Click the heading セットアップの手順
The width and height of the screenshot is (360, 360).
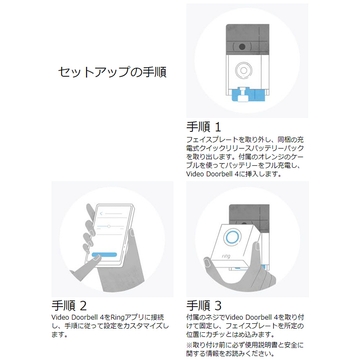click(112, 72)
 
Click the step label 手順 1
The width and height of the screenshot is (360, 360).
click(204, 127)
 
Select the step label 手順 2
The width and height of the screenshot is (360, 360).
click(69, 306)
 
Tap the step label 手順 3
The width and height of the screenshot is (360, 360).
click(204, 306)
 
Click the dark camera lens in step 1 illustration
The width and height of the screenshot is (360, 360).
click(242, 46)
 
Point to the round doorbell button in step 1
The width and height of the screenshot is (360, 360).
click(244, 70)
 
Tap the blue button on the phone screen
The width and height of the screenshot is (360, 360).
click(104, 255)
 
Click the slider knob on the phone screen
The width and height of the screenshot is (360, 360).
click(109, 226)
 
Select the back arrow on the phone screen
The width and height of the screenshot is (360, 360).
click(101, 213)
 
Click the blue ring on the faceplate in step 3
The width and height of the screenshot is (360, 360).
click(232, 237)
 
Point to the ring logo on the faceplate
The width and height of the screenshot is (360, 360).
click(226, 256)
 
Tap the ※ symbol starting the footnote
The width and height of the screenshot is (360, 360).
click(189, 345)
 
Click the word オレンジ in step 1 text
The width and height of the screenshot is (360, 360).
click(271, 157)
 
